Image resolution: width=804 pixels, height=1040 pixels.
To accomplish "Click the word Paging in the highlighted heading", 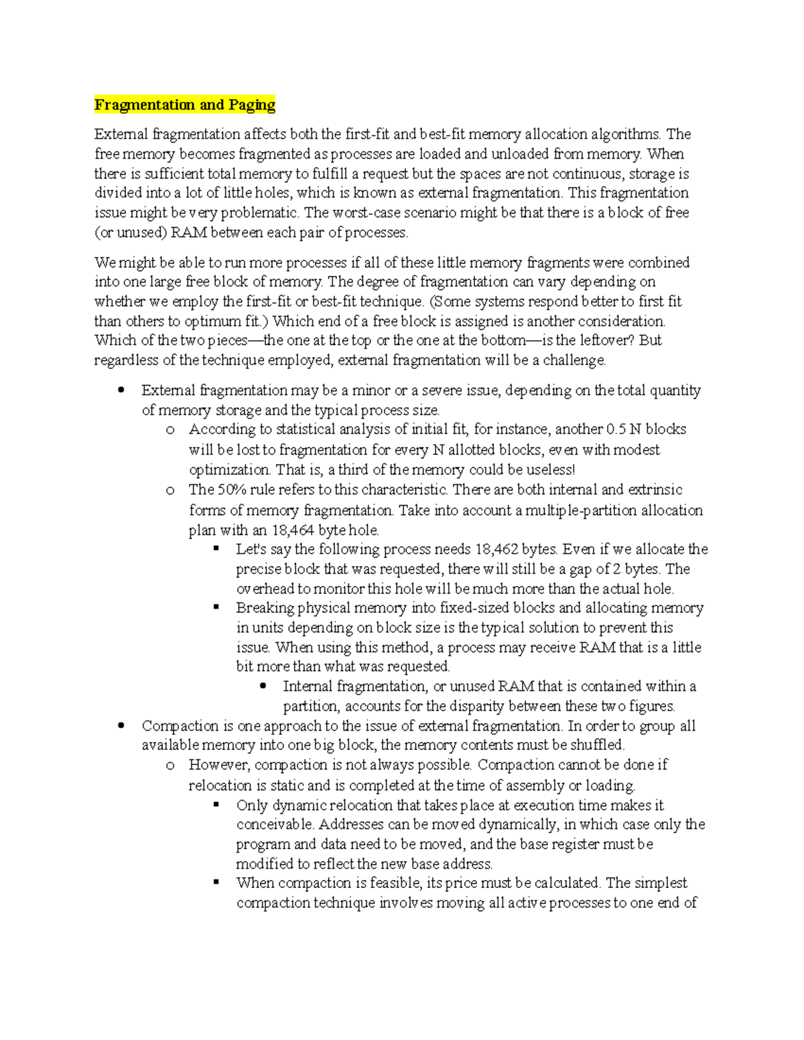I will pyautogui.click(x=251, y=104).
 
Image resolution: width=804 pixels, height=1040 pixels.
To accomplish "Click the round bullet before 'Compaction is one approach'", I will pyautogui.click(x=121, y=725).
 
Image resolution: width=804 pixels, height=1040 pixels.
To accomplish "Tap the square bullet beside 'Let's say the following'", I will pyautogui.click(x=216, y=548).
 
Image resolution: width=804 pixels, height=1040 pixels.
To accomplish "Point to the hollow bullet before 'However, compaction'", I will pyautogui.click(x=170, y=765).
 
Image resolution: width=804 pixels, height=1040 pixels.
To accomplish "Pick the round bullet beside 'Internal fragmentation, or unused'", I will pyautogui.click(x=263, y=686).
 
